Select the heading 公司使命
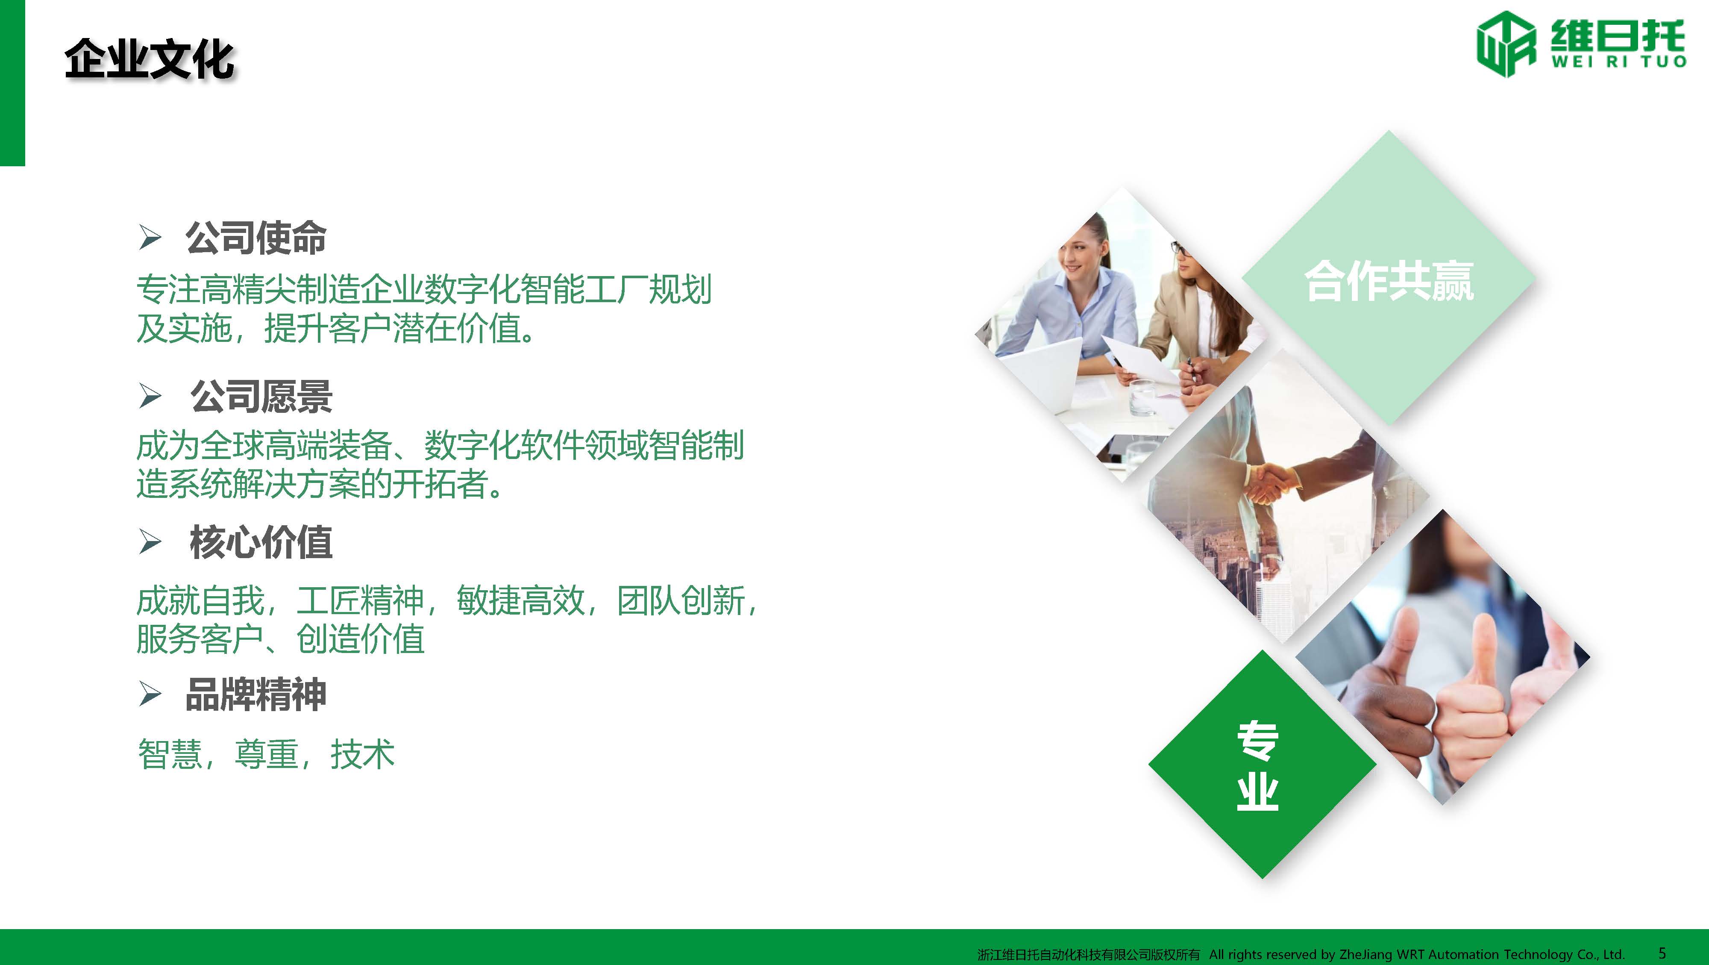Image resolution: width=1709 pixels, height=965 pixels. point(256,238)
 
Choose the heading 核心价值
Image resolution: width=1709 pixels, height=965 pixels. point(261,542)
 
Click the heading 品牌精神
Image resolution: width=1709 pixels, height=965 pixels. point(256,695)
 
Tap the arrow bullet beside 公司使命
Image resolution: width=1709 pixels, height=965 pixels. point(150,238)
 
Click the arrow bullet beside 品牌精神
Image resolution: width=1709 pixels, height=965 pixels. point(150,695)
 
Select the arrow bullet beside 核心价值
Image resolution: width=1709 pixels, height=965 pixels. point(150,542)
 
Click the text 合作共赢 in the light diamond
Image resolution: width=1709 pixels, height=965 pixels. point(1389,281)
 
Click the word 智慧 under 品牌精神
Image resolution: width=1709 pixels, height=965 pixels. point(170,755)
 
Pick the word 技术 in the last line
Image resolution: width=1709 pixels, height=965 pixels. point(362,755)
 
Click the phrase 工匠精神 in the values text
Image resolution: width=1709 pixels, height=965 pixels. point(360,600)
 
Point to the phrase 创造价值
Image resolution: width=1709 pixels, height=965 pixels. point(360,639)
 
